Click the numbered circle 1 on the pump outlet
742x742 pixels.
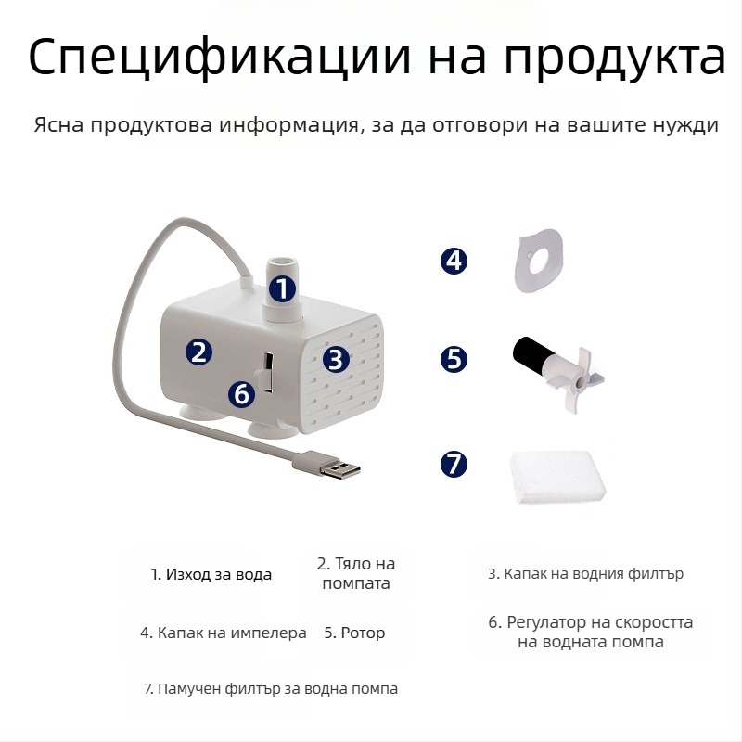[283, 288]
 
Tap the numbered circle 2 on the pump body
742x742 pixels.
[198, 351]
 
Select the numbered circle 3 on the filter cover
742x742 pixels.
[337, 359]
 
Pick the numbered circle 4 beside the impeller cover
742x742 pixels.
[454, 261]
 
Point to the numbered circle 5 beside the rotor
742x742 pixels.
[454, 359]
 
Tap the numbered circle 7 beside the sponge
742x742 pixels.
[454, 463]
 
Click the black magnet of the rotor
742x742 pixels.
[530, 352]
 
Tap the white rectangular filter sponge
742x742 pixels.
[557, 478]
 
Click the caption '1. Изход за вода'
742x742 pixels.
[211, 574]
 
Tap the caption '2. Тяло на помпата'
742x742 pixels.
[356, 573]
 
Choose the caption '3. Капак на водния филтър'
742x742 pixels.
[586, 573]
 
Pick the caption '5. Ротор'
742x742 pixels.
[354, 633]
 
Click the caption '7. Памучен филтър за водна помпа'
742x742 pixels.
[271, 688]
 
